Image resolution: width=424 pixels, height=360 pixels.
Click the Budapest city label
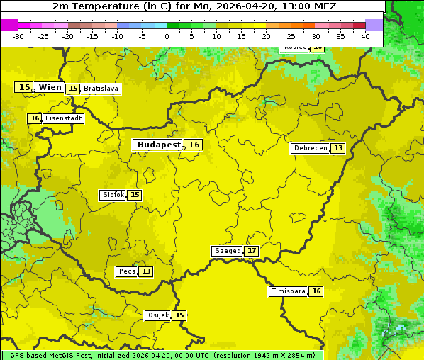coord(159,145)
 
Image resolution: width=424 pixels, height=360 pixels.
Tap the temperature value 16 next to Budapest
coord(194,145)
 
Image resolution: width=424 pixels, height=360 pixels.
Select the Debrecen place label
coord(310,148)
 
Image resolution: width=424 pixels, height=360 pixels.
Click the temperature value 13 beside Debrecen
coord(338,148)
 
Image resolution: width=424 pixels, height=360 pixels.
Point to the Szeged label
coord(228,251)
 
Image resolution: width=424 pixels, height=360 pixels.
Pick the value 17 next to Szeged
coord(252,251)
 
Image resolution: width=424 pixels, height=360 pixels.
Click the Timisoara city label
coord(289,291)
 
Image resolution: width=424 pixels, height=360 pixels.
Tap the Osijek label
coord(157,315)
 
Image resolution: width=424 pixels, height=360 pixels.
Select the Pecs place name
coord(127,271)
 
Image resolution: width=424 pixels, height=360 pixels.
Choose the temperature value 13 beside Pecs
coord(146,271)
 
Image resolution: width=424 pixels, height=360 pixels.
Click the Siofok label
coord(113,195)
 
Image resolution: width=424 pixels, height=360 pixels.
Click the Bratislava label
coord(100,89)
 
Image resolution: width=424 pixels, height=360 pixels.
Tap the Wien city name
coord(50,87)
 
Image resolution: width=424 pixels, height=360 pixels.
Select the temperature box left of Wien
coord(24,87)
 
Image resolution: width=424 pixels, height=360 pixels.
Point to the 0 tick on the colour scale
coord(167,35)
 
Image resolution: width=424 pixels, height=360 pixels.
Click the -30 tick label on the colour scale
coord(18,35)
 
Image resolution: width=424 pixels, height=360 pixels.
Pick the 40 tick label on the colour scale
coord(365,35)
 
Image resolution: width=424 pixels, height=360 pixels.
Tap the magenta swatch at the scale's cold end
coord(9,25)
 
